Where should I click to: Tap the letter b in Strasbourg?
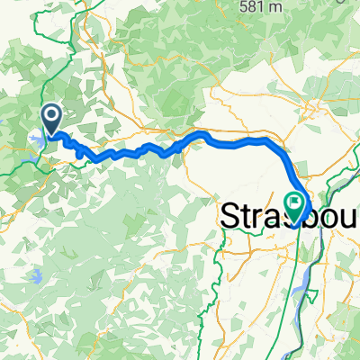tap(310, 217)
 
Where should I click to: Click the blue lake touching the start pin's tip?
tap(38, 139)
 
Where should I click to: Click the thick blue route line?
tap(234, 140)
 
